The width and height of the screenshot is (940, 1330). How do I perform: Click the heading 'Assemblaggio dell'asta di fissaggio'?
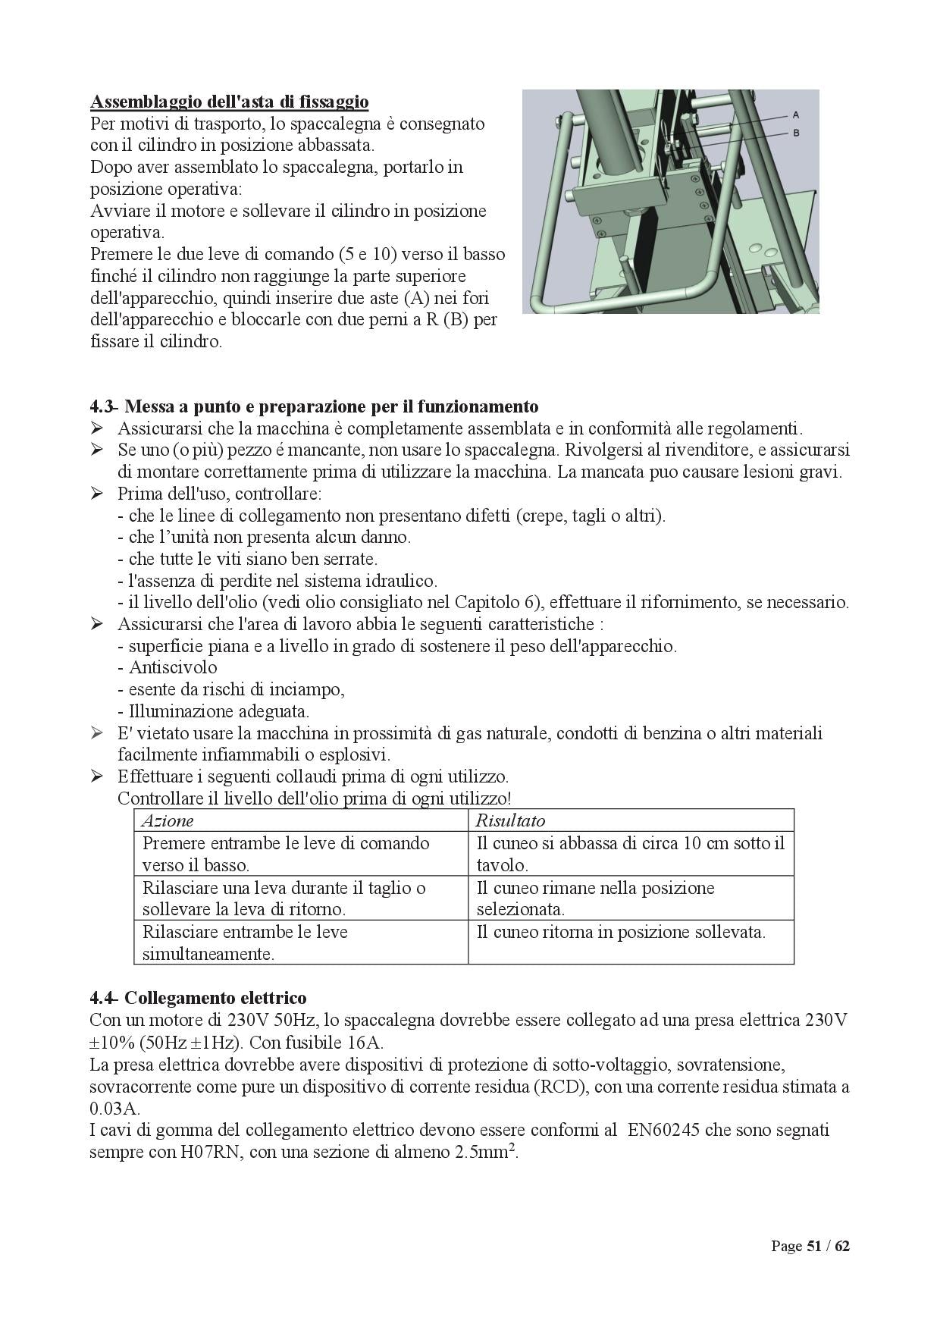click(229, 101)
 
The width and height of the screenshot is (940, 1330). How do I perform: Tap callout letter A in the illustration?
click(796, 115)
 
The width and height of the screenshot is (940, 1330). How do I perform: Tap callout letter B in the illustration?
click(796, 133)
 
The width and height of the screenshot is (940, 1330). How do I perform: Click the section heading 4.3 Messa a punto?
click(314, 406)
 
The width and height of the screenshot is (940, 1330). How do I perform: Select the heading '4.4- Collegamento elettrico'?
click(198, 997)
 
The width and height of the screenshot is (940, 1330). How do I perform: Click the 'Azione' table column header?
click(168, 820)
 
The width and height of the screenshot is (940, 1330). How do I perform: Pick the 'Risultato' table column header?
click(510, 820)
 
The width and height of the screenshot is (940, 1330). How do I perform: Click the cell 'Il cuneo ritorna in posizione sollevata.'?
click(621, 932)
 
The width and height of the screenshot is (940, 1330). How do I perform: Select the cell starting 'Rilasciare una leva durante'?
click(284, 898)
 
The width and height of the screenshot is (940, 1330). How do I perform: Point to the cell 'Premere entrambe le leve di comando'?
click(286, 853)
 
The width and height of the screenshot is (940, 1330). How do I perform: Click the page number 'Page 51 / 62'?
click(810, 1246)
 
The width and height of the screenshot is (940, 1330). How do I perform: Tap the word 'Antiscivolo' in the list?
click(173, 667)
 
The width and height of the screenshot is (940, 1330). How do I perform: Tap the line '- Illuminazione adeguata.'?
click(215, 711)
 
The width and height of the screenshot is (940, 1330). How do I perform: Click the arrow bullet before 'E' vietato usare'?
click(96, 733)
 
